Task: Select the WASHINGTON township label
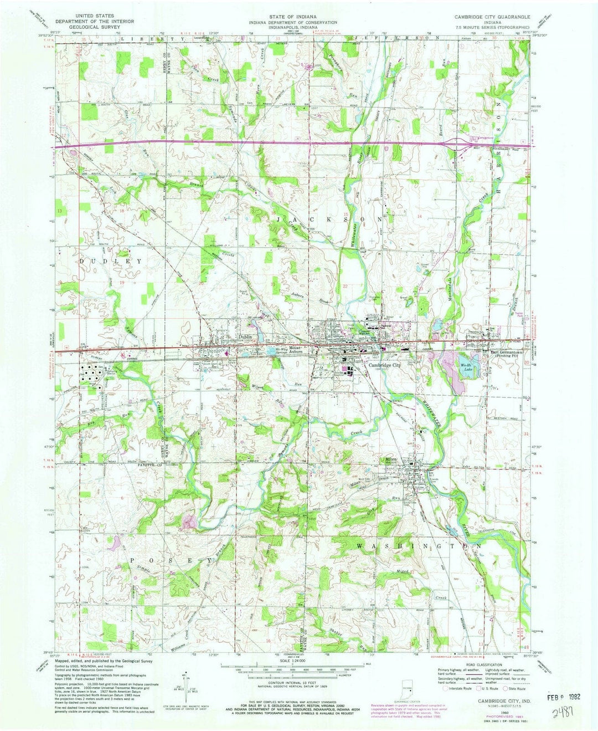420,546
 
